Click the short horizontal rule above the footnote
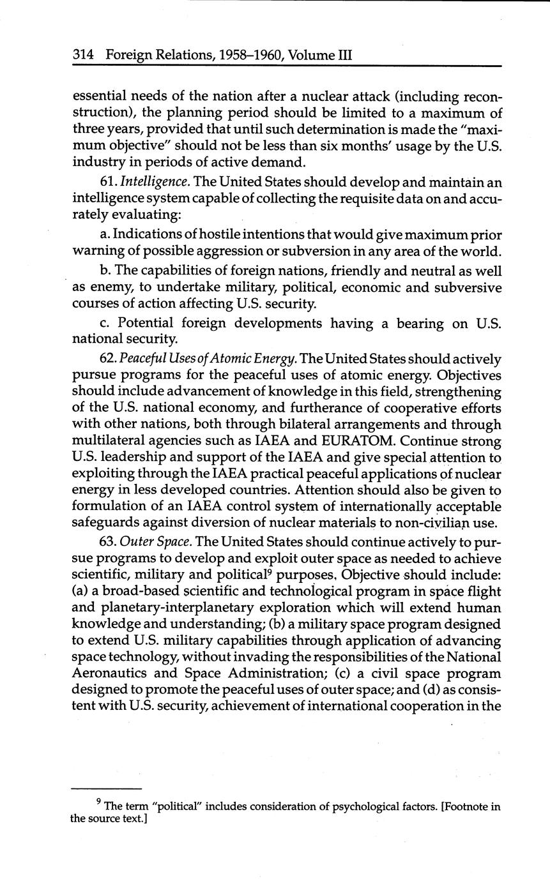point(105,788)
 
